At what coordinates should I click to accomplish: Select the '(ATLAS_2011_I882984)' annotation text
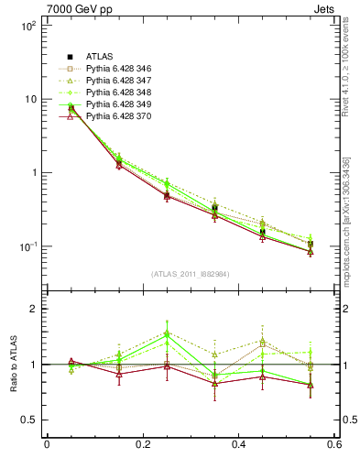(x=190, y=274)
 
